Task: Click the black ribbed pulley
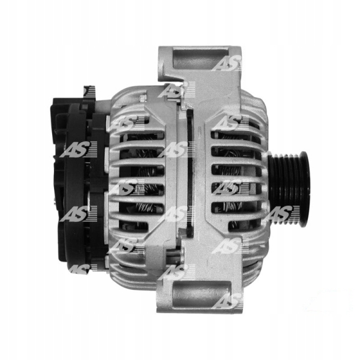pos(289,189)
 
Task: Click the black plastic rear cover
pos(80,184)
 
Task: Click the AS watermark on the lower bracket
pos(227,301)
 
